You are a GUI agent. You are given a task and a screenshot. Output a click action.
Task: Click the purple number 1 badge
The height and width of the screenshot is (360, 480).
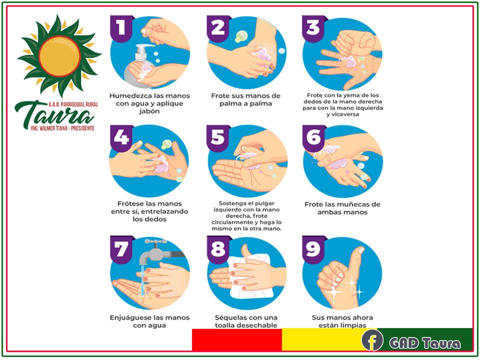[122, 28]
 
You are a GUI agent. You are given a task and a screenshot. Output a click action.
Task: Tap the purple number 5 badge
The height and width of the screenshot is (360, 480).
[218, 138]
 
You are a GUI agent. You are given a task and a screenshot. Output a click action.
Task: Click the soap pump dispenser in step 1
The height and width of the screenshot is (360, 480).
[138, 66]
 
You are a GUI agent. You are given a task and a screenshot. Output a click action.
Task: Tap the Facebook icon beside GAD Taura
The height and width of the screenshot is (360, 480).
[372, 340]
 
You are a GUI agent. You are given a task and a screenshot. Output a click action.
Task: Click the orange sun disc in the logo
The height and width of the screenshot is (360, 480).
[60, 56]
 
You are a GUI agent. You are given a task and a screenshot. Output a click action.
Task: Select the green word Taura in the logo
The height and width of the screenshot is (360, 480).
[54, 115]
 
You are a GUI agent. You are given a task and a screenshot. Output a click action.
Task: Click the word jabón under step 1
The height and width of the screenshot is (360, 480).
[149, 111]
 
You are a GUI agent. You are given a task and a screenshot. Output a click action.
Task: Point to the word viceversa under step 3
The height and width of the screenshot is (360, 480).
[342, 114]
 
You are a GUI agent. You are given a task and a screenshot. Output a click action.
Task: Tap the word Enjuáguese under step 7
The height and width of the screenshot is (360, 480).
[129, 318]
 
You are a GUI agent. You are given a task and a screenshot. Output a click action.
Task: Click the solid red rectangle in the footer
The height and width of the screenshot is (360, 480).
[237, 339]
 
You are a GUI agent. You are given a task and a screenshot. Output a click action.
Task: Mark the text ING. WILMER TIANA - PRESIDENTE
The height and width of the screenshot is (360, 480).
[63, 128]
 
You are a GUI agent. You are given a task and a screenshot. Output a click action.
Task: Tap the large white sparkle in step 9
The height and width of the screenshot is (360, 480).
[334, 291]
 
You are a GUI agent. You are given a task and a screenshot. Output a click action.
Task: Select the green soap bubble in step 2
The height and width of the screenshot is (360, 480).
[241, 36]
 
